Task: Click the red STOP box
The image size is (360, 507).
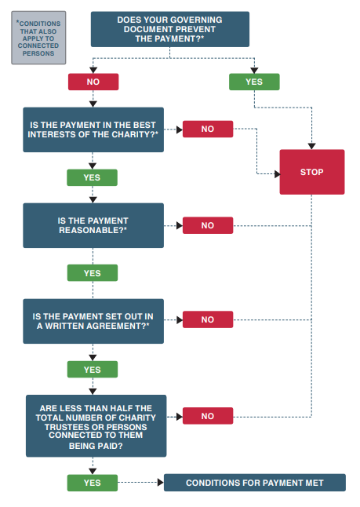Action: [312, 172]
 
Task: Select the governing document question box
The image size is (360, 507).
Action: [170, 29]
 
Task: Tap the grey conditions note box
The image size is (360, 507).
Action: [38, 38]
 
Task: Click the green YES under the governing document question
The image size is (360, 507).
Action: [254, 82]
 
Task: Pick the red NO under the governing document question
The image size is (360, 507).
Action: [93, 82]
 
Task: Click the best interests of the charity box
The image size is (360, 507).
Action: [93, 129]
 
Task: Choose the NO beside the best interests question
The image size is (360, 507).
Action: [208, 129]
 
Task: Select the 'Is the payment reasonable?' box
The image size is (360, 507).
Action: [93, 225]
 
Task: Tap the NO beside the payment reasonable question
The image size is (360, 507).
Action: [208, 225]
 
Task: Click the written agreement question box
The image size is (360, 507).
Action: [93, 321]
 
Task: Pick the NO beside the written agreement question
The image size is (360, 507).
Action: [208, 319]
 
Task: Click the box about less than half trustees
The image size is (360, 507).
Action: [96, 426]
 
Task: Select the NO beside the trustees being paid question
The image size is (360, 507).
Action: [208, 416]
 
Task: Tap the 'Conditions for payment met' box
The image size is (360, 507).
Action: [255, 483]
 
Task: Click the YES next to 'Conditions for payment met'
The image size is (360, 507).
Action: [93, 483]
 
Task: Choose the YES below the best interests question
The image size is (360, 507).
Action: [92, 177]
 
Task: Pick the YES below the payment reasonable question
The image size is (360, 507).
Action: [93, 273]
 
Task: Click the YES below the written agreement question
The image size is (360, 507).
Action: [93, 369]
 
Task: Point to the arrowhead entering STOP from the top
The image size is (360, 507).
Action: [311, 146]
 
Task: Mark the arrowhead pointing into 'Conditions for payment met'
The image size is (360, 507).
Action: [161, 483]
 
